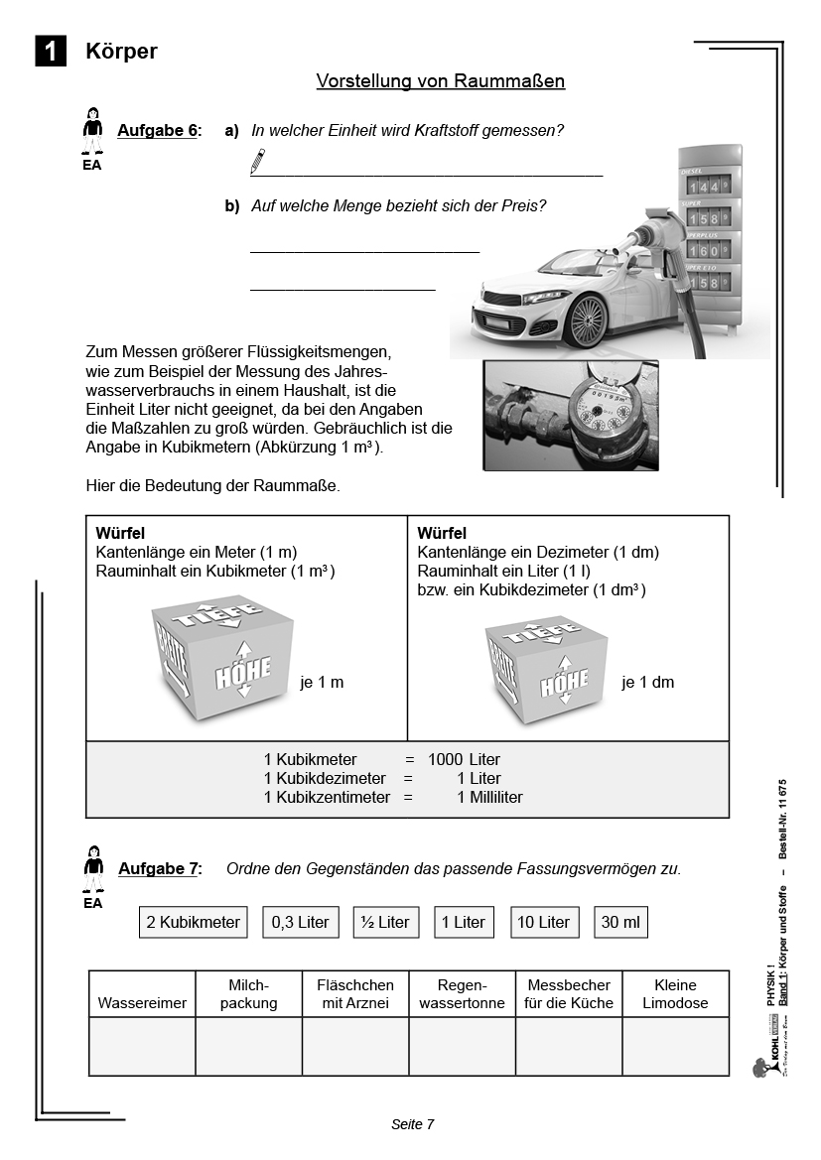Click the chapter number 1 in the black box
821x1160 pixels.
click(51, 51)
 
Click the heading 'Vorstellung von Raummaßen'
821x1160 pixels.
click(440, 81)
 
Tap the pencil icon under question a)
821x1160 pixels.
click(258, 161)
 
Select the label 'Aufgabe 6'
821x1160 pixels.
click(158, 130)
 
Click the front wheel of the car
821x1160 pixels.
click(584, 321)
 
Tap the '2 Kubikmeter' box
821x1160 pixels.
click(193, 922)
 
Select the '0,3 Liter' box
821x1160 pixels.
click(301, 922)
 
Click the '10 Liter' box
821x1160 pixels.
click(543, 922)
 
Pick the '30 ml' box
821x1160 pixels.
click(620, 922)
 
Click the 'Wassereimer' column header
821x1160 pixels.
click(142, 1002)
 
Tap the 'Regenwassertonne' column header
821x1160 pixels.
click(462, 993)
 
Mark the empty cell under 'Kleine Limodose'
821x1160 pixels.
click(675, 1046)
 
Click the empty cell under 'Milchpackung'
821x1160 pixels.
click(248, 1046)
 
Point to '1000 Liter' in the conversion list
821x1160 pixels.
click(464, 760)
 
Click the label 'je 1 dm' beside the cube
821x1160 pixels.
click(647, 683)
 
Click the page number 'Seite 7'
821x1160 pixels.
click(412, 1124)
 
